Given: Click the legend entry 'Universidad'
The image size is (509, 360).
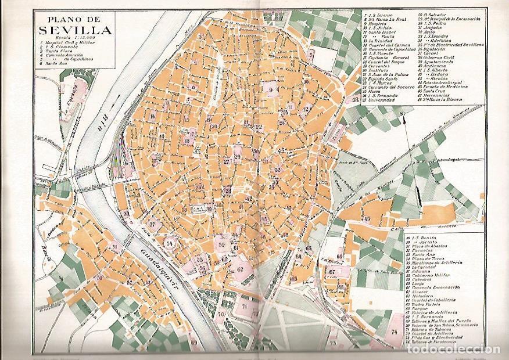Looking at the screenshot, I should point(383,99).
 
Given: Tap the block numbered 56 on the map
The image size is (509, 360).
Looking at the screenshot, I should point(202,269).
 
